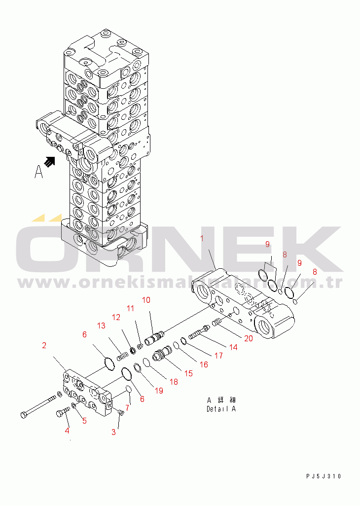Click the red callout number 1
coord(202,239)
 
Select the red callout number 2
coord(44,346)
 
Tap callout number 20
coord(249,338)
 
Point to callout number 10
coord(146,300)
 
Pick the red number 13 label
coord(101,325)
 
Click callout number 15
coord(188,373)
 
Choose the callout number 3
coord(113,432)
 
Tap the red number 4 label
coord(67,431)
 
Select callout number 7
coord(127,408)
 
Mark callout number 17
coord(218,356)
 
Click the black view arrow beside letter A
coord(49,162)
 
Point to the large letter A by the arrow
coord(38,172)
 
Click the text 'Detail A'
coord(221,409)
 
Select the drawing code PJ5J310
coord(324,476)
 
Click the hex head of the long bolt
coord(24,415)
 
